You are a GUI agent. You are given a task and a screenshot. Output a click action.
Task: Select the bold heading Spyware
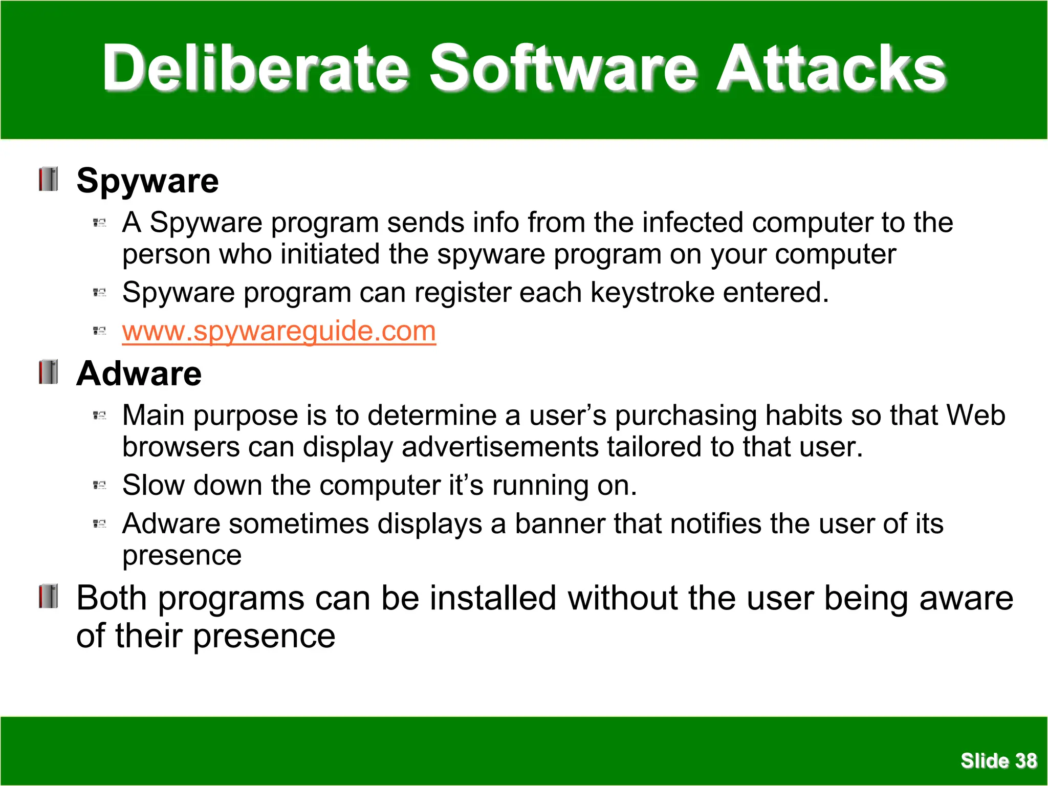[147, 181]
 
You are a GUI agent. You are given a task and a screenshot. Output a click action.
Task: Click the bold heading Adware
[139, 374]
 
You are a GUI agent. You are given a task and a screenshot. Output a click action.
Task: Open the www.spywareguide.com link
[279, 331]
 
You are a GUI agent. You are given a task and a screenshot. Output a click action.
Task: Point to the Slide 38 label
[998, 760]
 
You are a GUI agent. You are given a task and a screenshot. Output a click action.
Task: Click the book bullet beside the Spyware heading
[49, 179]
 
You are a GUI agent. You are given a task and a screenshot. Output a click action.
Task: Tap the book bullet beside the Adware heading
[49, 372]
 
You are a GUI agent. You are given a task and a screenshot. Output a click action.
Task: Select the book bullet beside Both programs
[49, 596]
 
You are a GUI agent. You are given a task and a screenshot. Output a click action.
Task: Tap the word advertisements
[500, 447]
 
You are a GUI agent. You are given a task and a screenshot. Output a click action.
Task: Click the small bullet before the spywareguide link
[99, 331]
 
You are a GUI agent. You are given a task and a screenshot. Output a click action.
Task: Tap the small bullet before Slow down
[99, 485]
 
